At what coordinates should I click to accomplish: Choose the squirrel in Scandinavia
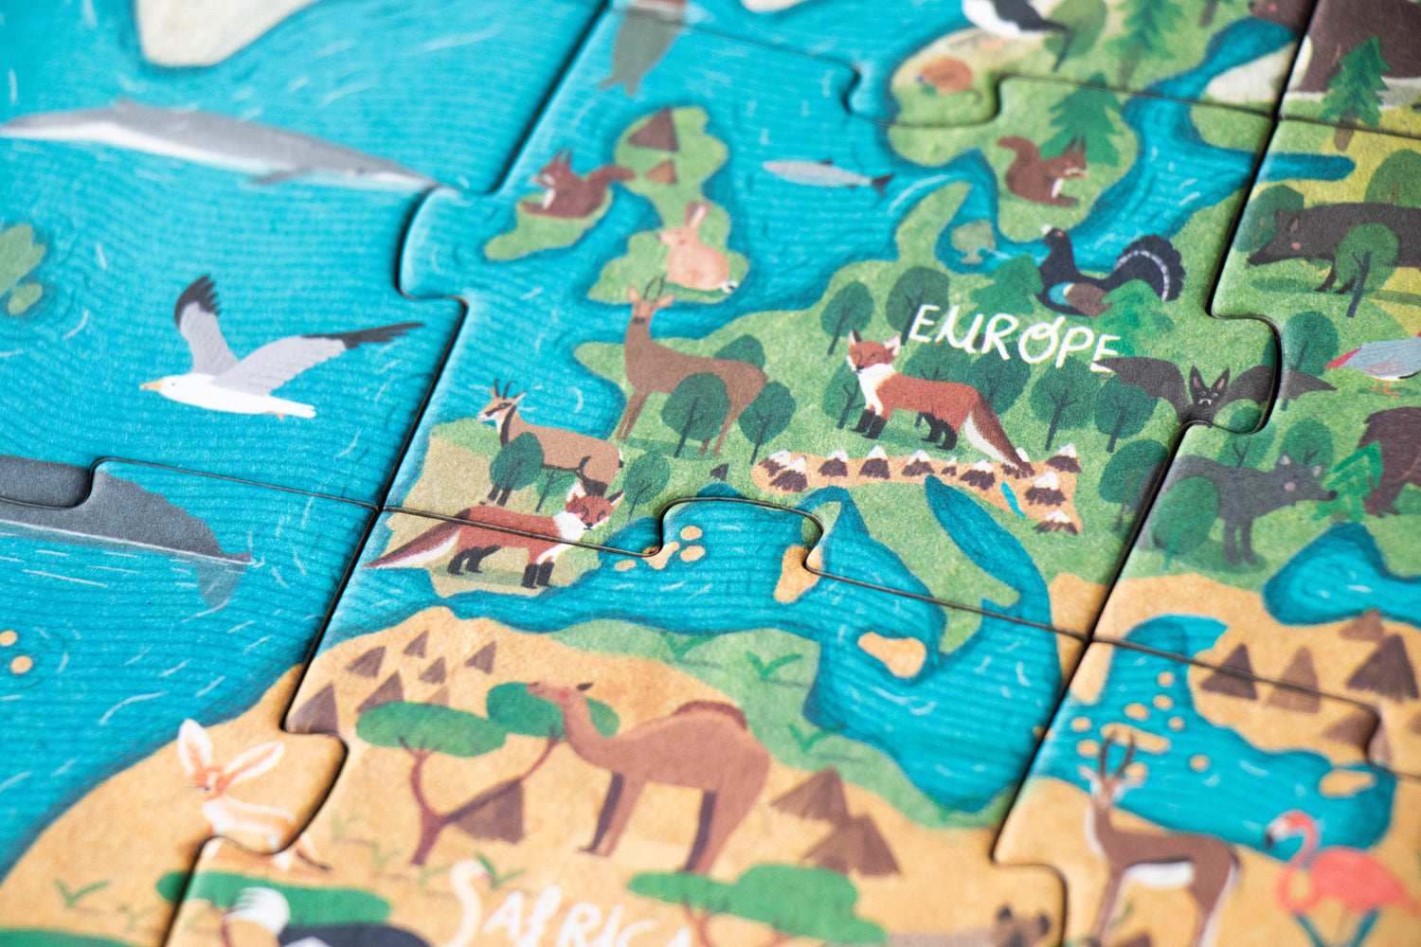tap(1042, 170)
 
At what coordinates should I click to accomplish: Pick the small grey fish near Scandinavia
tap(824, 173)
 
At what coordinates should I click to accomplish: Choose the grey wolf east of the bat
tap(1241, 497)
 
